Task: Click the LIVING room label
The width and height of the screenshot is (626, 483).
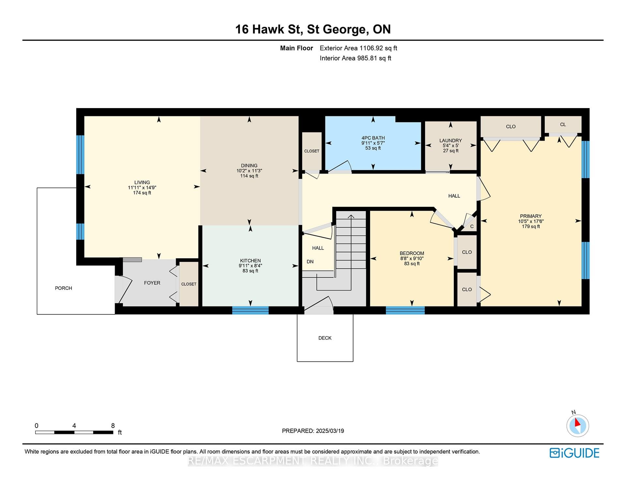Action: click(142, 182)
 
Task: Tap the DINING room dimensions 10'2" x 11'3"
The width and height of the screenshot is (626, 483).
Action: click(249, 171)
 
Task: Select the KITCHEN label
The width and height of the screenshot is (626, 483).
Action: click(250, 261)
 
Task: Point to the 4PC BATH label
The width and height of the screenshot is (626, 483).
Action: click(373, 138)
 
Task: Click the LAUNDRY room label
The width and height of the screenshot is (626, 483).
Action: click(451, 140)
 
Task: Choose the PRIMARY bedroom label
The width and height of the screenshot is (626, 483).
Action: click(531, 216)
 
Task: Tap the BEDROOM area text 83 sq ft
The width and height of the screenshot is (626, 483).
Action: click(412, 263)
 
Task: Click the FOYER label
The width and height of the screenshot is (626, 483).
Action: click(152, 283)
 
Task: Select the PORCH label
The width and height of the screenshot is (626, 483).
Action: click(64, 288)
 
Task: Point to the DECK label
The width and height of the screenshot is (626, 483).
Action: click(325, 338)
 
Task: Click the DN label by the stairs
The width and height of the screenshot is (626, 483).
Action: click(310, 262)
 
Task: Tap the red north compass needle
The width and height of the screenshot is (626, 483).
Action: click(577, 422)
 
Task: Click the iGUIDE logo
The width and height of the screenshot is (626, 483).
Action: click(574, 453)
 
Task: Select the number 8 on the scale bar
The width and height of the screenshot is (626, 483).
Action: click(113, 426)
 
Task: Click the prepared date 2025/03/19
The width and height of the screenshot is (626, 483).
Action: click(330, 431)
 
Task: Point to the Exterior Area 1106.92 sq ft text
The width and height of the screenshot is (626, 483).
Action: click(358, 48)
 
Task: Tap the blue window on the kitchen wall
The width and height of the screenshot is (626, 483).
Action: click(250, 310)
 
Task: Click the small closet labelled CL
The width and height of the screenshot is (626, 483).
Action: click(563, 125)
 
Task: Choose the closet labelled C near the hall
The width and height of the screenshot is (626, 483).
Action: click(471, 226)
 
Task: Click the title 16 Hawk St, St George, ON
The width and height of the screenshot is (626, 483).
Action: click(313, 29)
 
